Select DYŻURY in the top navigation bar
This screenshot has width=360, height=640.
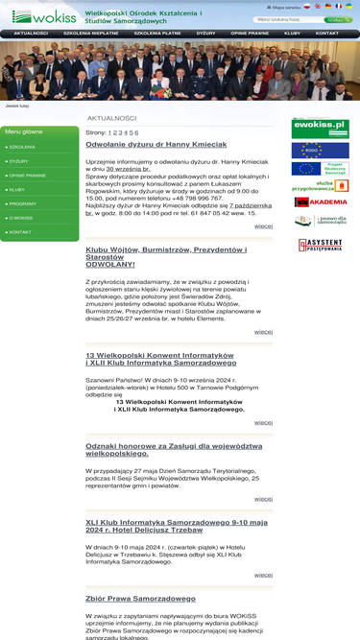click(205, 33)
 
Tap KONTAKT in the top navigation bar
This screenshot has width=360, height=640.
click(327, 33)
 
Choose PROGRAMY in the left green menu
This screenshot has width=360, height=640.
click(23, 203)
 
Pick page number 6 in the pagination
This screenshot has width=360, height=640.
click(135, 132)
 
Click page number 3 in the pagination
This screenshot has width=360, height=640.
click(119, 132)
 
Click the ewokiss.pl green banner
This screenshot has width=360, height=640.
click(320, 129)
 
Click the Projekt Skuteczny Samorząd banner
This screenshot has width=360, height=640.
click(320, 168)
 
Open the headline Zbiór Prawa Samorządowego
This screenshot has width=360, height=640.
click(140, 599)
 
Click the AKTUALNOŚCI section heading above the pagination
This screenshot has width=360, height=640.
click(111, 118)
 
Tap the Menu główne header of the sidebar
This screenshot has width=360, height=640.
click(24, 131)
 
